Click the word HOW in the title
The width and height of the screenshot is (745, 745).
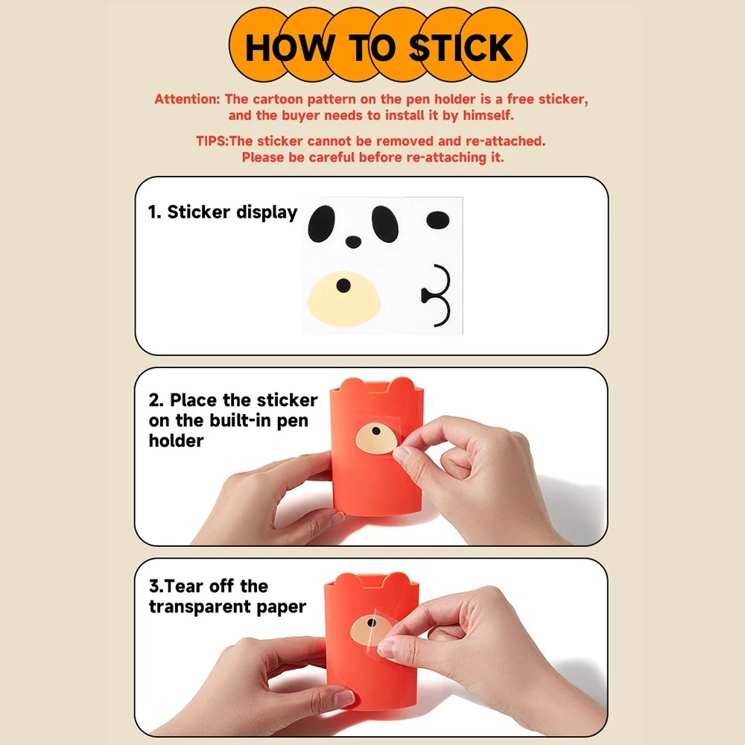point(289,48)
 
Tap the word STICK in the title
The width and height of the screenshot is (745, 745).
point(461,48)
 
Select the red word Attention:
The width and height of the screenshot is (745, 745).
point(187,99)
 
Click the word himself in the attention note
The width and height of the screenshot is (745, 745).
point(489,115)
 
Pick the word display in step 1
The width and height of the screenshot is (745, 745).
point(267,212)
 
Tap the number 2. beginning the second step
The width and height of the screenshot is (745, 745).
point(156,400)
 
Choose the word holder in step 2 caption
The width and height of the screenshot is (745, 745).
point(176,440)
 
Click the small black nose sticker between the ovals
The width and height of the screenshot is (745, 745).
point(353,241)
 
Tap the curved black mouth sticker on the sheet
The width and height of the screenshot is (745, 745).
point(436,296)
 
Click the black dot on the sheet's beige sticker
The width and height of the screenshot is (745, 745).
point(343,285)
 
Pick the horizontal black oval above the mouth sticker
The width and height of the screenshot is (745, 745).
point(437,220)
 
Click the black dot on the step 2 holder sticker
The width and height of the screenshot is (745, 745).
point(376,431)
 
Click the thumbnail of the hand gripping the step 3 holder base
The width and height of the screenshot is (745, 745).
point(343,698)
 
